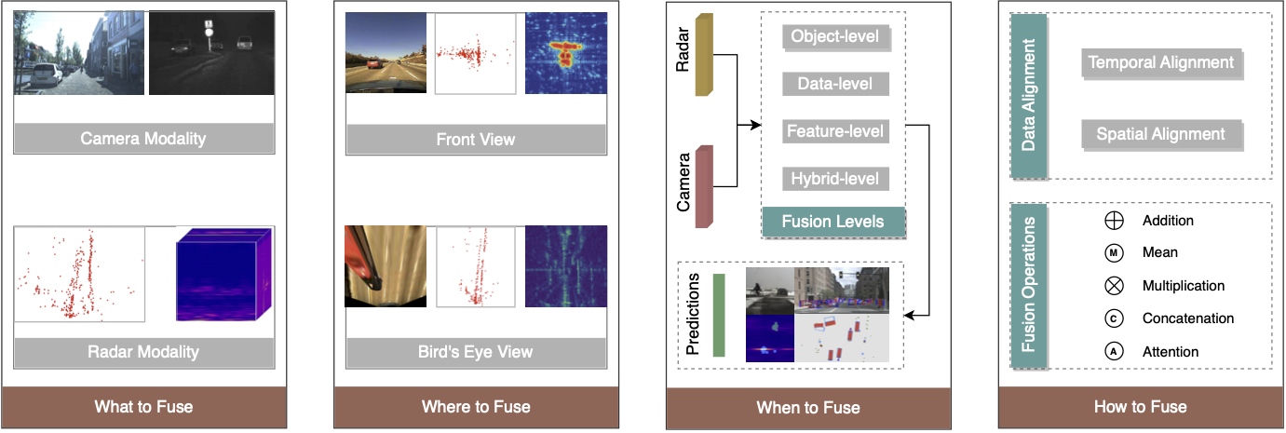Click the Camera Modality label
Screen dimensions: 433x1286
143,139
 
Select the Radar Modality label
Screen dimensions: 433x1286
143,352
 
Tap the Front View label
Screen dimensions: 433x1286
476,140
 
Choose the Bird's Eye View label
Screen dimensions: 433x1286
476,352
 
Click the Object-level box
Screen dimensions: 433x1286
835,37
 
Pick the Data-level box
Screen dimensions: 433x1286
835,84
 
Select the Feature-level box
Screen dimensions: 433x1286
835,131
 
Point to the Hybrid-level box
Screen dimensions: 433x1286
835,179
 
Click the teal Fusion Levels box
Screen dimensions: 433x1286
834,223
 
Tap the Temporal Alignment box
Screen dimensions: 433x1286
1161,62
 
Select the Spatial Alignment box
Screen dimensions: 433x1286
1161,134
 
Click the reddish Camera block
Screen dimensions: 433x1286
705,186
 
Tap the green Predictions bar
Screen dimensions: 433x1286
718,315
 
